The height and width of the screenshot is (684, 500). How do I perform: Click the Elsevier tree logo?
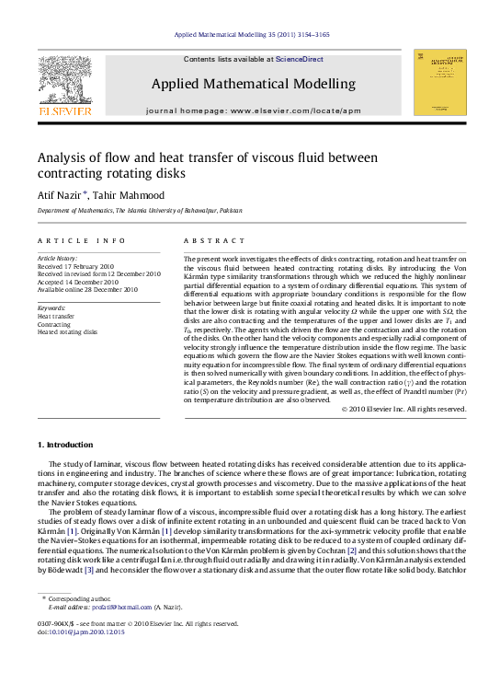(64, 82)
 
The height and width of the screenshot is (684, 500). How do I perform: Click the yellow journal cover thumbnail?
(439, 82)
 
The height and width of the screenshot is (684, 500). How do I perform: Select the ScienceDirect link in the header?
(300, 59)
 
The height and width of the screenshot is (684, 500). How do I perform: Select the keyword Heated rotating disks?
(67, 331)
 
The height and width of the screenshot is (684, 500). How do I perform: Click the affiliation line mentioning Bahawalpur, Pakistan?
(140, 211)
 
